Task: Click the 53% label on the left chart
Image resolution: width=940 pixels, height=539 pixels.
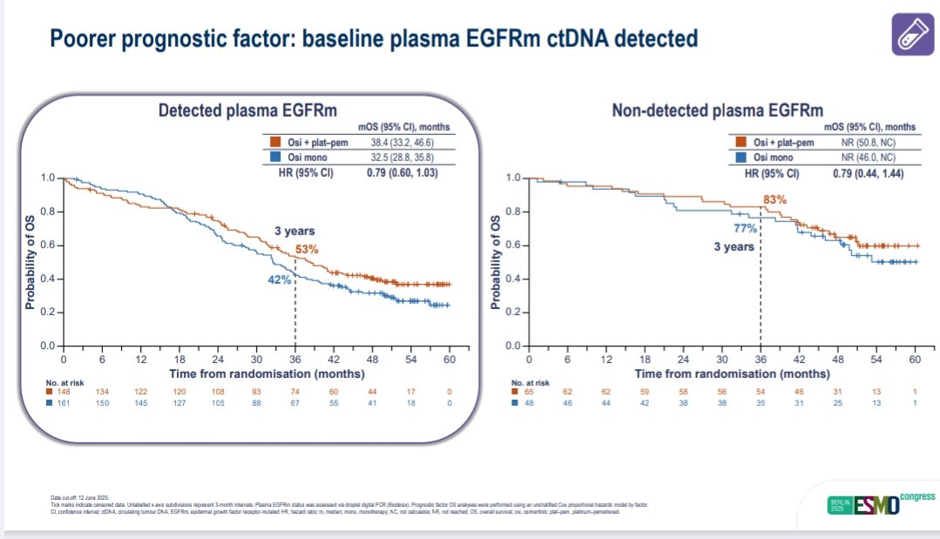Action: (307, 250)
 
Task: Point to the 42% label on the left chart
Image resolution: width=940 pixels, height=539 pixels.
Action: (278, 280)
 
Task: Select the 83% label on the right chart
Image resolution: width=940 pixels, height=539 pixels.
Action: (775, 199)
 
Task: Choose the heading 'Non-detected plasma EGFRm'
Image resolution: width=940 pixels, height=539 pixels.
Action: (718, 111)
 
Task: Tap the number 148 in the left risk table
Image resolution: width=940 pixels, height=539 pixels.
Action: (63, 391)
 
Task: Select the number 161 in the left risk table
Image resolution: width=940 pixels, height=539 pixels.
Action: (63, 403)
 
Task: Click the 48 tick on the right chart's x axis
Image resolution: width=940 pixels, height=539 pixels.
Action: (838, 359)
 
